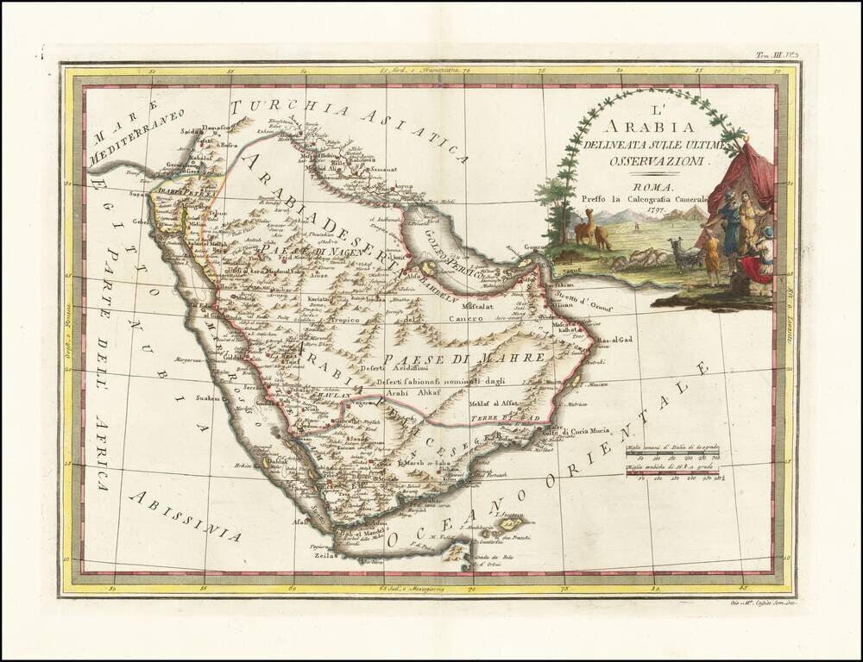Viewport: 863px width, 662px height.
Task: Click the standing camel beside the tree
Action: tap(584, 228)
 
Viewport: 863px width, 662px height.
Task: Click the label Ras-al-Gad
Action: tap(615, 340)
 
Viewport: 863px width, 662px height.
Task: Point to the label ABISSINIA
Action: tap(186, 516)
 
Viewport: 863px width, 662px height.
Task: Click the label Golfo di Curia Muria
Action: tap(576, 431)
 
